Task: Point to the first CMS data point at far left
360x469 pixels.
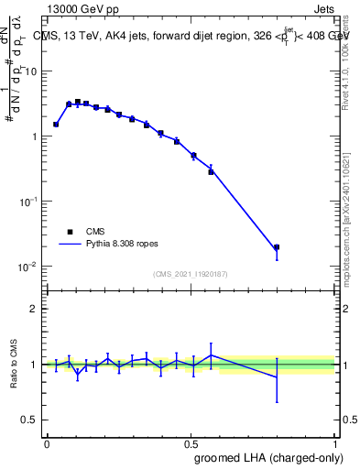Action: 56,125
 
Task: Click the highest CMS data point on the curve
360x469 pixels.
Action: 78,102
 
